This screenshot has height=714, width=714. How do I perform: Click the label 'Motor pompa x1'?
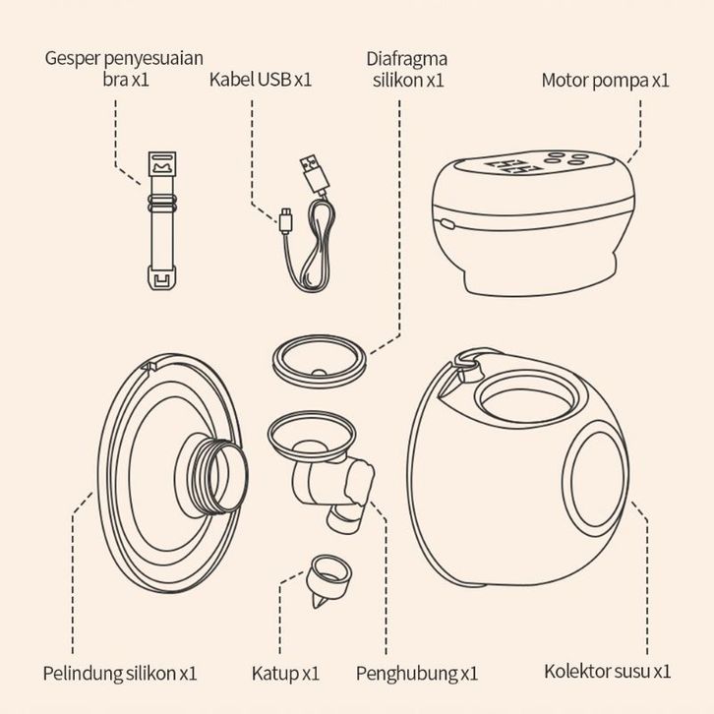[605, 80]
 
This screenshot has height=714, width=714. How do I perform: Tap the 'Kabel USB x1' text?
[261, 80]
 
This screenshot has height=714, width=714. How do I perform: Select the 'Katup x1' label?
[285, 673]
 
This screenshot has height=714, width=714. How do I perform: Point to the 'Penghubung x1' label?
[417, 673]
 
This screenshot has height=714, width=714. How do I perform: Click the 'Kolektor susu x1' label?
[608, 671]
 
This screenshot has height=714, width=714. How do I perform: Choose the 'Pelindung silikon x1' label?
[120, 673]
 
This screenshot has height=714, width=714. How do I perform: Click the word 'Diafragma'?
[406, 59]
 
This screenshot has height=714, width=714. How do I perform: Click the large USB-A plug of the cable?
[315, 174]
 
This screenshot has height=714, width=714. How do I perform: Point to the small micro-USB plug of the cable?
[286, 221]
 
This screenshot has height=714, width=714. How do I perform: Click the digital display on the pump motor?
[512, 166]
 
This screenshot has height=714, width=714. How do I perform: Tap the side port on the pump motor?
[446, 224]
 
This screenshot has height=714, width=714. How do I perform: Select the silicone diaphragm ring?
[319, 361]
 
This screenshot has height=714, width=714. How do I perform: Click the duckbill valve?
[328, 579]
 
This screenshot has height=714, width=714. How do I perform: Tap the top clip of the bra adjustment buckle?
[162, 164]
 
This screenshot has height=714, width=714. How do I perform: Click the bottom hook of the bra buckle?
[162, 277]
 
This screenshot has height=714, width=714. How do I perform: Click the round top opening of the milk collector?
[527, 397]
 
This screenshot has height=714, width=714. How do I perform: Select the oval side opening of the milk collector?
[596, 480]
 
